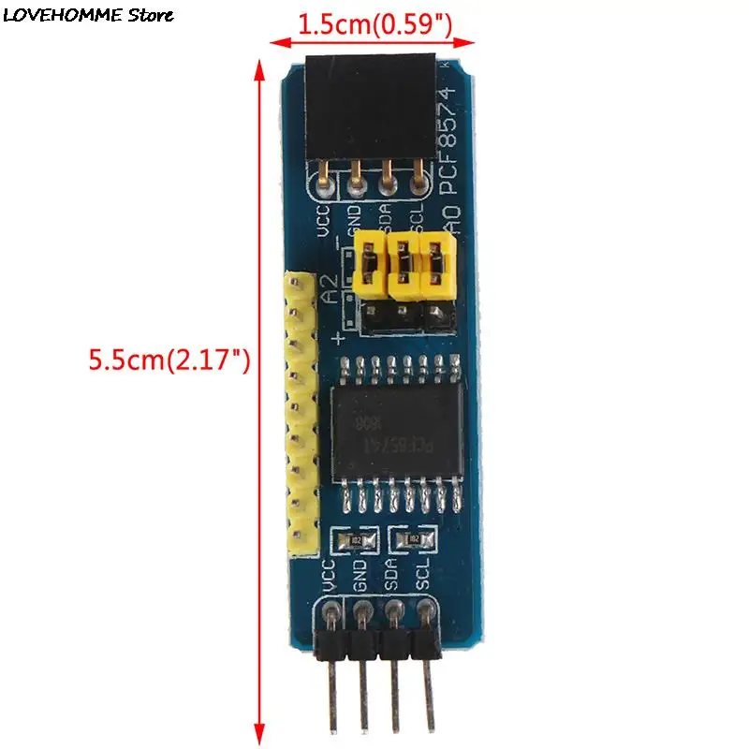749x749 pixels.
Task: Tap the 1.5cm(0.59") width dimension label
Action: (x=374, y=25)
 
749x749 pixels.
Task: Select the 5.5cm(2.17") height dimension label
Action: (x=169, y=360)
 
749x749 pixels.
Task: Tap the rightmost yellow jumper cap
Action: (x=435, y=263)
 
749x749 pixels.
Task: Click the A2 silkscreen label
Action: (x=330, y=287)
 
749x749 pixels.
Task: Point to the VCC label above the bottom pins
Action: (x=327, y=577)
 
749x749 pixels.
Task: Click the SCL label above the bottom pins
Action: (x=423, y=573)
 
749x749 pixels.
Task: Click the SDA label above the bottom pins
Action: (x=392, y=574)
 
